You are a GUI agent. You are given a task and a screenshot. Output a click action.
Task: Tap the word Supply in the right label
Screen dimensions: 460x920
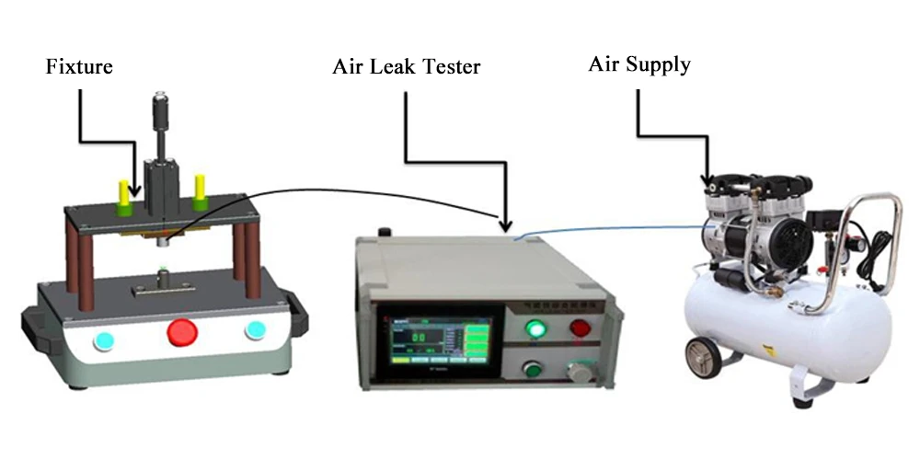coord(659,64)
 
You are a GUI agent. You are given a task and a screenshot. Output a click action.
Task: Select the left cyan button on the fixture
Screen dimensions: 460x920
coord(103,341)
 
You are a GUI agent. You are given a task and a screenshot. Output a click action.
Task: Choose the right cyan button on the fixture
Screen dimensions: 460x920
coord(253,330)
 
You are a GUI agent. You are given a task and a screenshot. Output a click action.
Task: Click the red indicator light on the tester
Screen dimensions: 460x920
coord(581,328)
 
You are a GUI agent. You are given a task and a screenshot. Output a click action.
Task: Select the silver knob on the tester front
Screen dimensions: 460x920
coord(577,372)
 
